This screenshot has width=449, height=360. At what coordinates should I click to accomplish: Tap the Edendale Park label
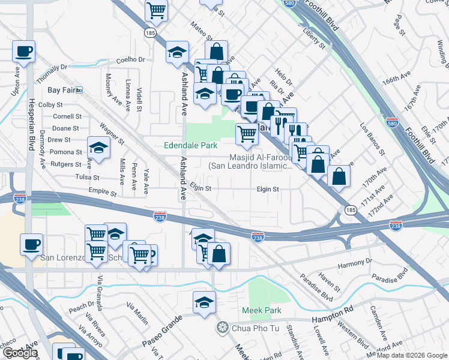click(191, 145)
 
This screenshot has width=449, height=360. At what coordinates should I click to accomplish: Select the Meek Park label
click(261, 310)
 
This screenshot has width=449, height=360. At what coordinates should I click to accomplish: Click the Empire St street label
click(101, 193)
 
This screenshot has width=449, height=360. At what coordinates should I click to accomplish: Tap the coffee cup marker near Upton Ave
click(24, 51)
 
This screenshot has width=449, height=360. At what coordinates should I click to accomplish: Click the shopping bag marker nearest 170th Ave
click(339, 176)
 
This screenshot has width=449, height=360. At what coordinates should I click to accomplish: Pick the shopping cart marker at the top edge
click(155, 9)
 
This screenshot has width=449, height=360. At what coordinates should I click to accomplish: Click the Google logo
click(20, 353)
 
